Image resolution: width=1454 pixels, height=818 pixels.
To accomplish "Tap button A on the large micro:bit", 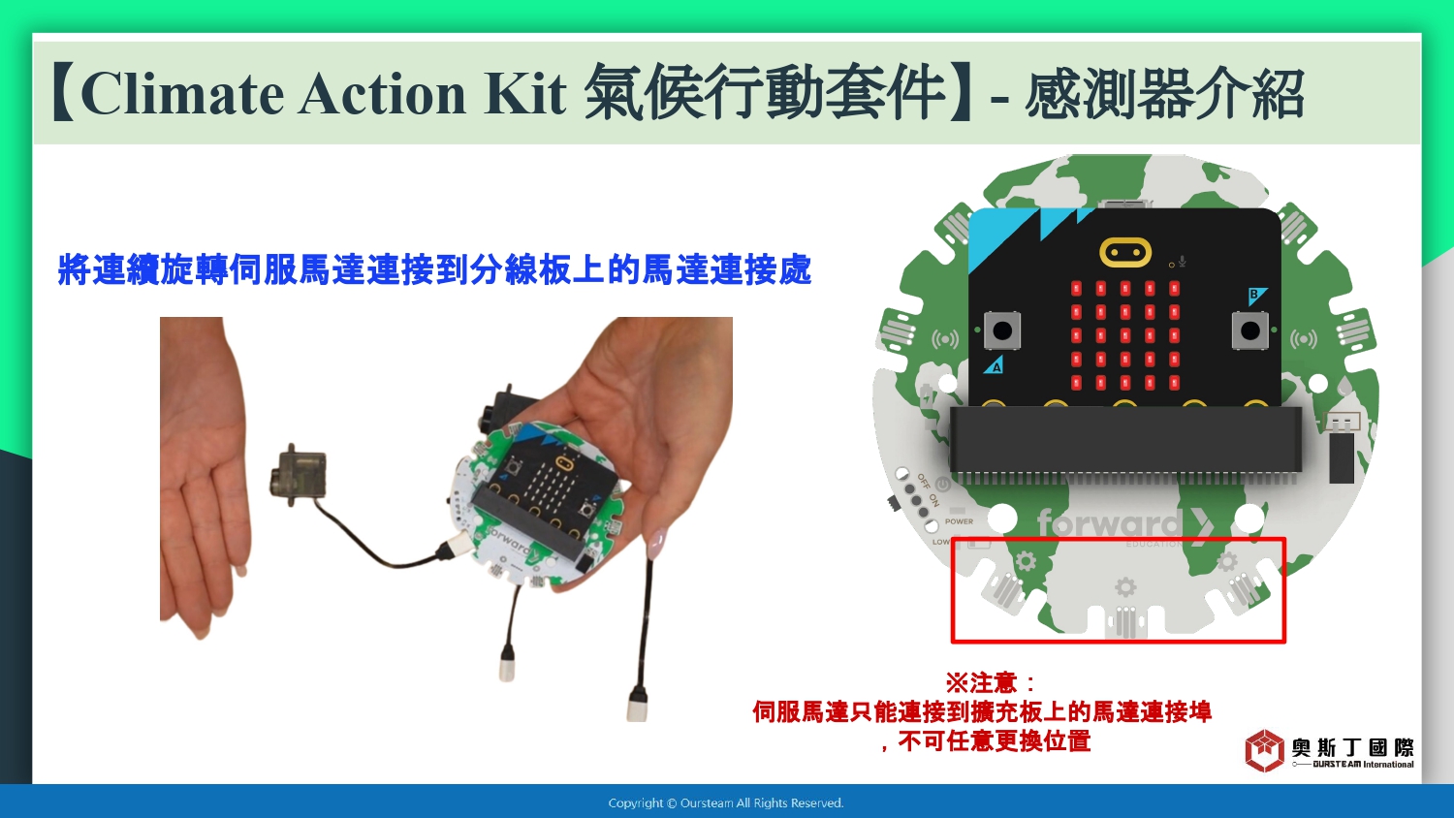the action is click(x=1002, y=330).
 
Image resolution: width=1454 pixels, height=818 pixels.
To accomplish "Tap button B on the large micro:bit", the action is click(x=1249, y=330).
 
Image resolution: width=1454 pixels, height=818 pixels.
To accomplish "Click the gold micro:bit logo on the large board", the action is click(x=1124, y=252).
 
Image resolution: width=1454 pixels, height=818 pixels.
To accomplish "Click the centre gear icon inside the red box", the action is click(x=1124, y=587).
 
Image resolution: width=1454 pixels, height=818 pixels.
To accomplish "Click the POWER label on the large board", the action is click(x=959, y=521).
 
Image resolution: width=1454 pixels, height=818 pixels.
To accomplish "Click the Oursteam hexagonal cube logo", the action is click(x=1264, y=750).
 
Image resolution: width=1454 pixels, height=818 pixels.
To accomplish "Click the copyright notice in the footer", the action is click(x=726, y=803).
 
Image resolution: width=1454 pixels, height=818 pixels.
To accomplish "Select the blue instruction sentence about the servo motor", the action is click(x=434, y=269).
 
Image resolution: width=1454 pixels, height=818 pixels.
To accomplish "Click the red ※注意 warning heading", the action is click(x=991, y=682).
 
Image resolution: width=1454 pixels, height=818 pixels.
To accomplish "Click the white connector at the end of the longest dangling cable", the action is click(x=638, y=707).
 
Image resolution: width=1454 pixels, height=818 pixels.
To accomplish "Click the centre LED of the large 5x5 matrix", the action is click(x=1124, y=335).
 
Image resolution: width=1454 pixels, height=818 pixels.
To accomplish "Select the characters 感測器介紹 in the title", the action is click(x=1164, y=95).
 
